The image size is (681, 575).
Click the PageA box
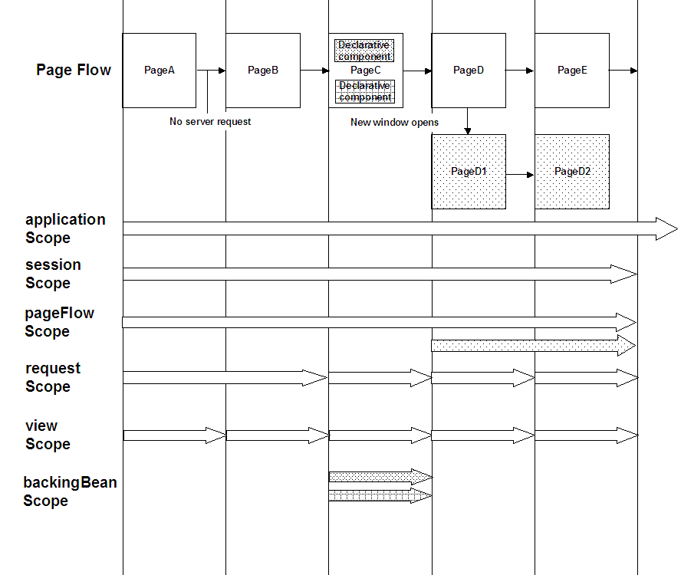click(x=160, y=71)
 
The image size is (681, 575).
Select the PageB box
click(x=263, y=71)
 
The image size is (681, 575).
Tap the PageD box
click(x=469, y=71)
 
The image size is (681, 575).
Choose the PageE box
click(x=572, y=71)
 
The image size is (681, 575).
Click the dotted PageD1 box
click(x=469, y=172)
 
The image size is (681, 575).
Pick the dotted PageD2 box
click(x=572, y=172)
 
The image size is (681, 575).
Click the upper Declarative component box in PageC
click(x=364, y=51)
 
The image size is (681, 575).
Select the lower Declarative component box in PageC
click(x=364, y=91)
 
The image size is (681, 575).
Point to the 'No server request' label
click(x=210, y=121)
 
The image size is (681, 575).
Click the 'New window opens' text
click(x=395, y=122)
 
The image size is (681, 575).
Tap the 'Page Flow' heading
click(x=74, y=71)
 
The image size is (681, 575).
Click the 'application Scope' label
click(x=65, y=228)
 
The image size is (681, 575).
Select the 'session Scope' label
click(x=53, y=274)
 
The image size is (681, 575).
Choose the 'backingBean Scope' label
click(x=70, y=491)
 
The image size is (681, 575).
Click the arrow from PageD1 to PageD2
click(x=520, y=175)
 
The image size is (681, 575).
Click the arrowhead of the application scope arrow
click(x=666, y=228)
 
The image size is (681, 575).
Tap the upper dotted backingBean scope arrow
click(x=380, y=477)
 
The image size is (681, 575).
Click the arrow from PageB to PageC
click(x=314, y=71)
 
